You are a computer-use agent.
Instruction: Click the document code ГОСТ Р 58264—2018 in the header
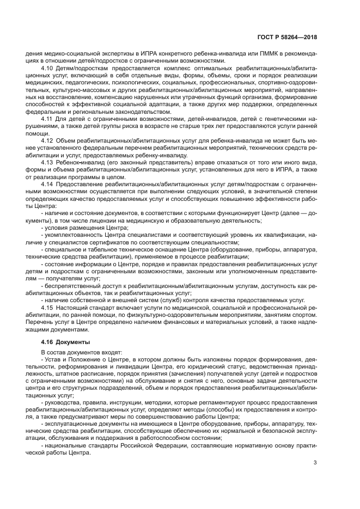click(x=287, y=38)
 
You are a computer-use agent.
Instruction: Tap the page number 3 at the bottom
click(x=315, y=463)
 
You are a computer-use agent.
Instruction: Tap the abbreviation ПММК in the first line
click(x=241, y=54)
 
